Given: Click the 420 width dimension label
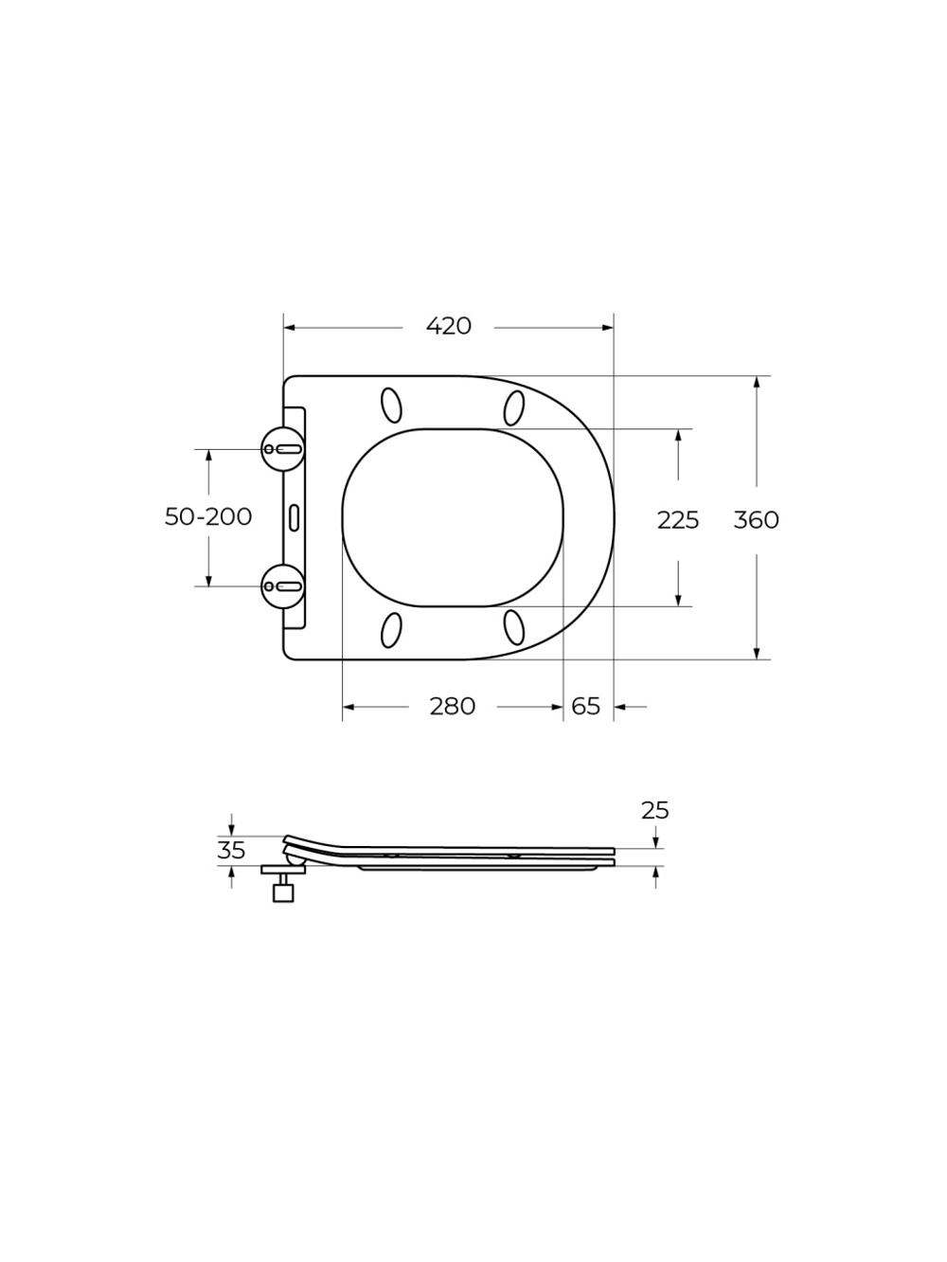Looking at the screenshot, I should (449, 326).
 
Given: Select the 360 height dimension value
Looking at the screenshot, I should (756, 519).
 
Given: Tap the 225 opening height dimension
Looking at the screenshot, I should (678, 519).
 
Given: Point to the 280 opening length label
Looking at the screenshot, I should (452, 706).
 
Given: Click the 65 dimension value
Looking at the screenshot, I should (586, 706).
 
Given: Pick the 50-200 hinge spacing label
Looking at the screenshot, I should (208, 516).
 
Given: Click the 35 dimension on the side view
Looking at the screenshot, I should (231, 850).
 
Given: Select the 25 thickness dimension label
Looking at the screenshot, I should (654, 810).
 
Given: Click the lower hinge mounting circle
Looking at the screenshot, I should (283, 586).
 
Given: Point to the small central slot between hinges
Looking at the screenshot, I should (295, 516).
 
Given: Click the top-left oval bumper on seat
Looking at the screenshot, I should (390, 405).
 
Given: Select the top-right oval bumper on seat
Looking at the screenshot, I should (514, 407).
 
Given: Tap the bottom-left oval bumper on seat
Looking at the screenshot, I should (390, 630).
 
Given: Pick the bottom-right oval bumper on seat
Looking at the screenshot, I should (514, 626).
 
